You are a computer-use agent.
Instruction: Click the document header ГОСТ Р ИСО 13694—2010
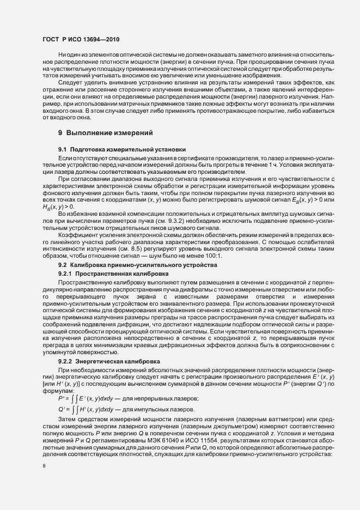(81, 40)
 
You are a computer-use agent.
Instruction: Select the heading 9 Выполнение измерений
(101, 133)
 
